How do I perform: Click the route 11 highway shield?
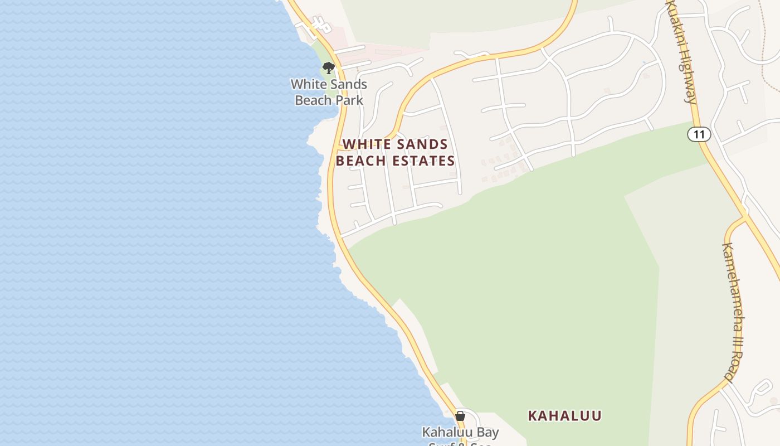point(699,134)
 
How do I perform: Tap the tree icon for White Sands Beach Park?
point(329,68)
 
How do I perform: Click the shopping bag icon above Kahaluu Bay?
point(460,416)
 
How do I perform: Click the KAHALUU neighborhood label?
point(564,416)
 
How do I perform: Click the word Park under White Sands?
point(352,100)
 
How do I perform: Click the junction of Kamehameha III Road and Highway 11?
point(745,215)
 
